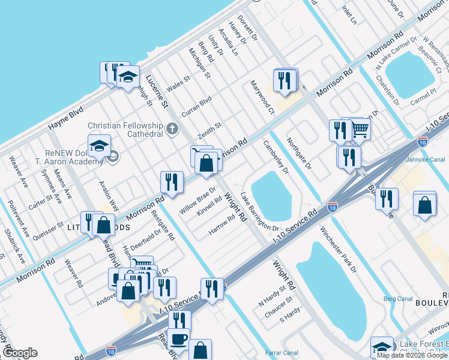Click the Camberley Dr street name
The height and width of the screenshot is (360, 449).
[x=276, y=157]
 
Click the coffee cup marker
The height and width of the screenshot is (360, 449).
[x=179, y=339]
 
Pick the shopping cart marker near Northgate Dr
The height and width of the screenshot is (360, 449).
[x=359, y=128]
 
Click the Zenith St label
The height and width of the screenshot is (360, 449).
[x=210, y=130]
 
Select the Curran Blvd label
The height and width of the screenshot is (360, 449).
[x=197, y=107]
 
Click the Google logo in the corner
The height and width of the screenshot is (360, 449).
[x=20, y=353]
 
